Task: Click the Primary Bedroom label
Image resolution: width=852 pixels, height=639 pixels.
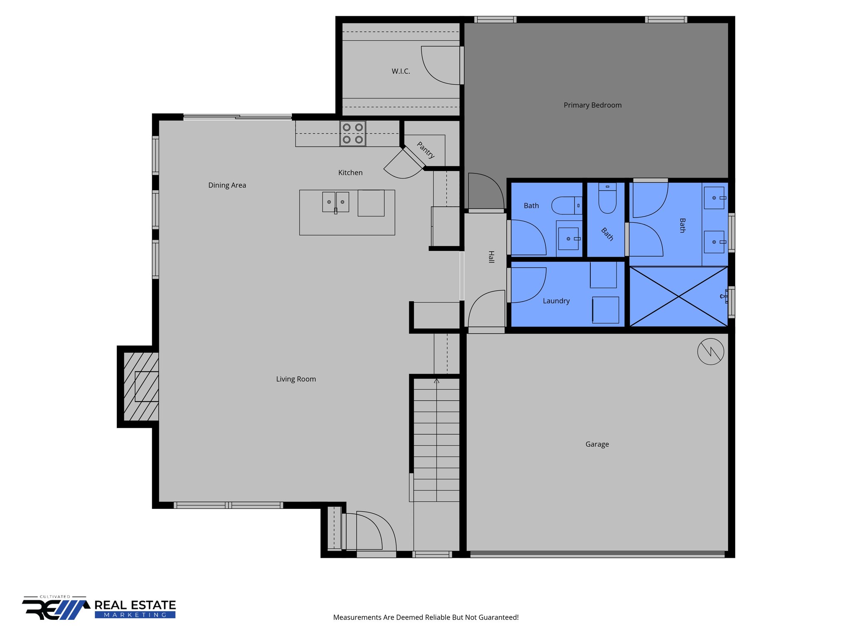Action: coord(592,105)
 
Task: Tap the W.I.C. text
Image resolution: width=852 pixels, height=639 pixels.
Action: coord(401,72)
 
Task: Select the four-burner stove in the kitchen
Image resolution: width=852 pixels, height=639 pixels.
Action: coord(353,134)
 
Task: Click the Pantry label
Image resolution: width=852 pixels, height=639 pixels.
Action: coord(426,150)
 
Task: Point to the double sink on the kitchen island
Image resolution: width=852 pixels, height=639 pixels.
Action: coord(335,202)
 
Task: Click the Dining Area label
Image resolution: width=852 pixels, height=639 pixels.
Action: coord(227,185)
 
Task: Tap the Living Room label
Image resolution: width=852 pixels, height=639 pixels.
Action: coord(296,379)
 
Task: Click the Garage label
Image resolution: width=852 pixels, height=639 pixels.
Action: coord(597,444)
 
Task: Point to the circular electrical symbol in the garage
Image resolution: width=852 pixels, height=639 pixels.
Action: coord(711,352)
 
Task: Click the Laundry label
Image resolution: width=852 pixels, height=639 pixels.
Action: coord(556,301)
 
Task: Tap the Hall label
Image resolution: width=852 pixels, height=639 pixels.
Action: coord(491,257)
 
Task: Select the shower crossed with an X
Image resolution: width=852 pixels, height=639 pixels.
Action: coord(679,297)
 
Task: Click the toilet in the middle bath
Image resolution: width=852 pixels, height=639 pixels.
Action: coord(607,200)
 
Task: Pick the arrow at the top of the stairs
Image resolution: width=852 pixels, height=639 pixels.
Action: coord(436,381)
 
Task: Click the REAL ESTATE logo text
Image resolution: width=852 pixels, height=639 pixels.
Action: coord(135,605)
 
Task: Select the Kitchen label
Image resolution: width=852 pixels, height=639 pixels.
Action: coord(350,173)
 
